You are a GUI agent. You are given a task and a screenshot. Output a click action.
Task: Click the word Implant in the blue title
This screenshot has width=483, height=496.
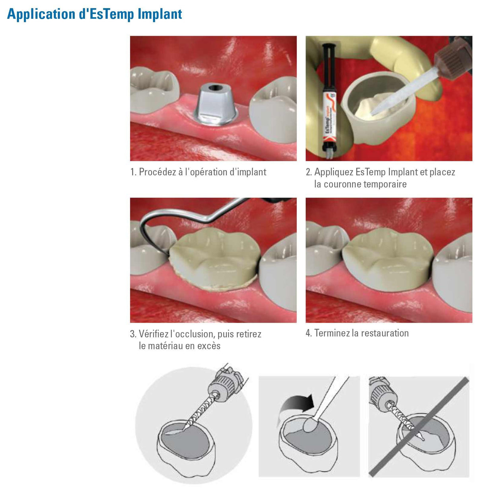[160, 14]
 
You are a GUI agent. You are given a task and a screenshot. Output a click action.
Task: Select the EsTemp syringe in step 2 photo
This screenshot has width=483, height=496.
[329, 100]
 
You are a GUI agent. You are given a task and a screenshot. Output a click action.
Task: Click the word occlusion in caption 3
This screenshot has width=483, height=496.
[192, 334]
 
